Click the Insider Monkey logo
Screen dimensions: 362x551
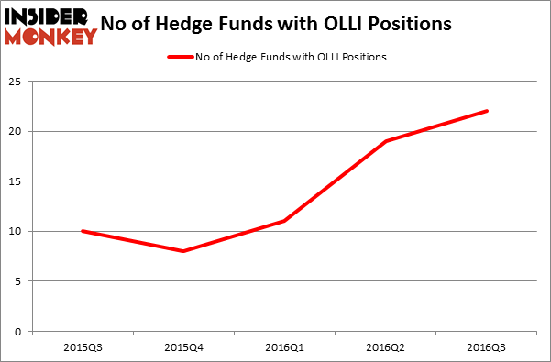click(50, 26)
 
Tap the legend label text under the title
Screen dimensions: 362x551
click(291, 57)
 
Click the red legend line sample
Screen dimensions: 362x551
click(180, 57)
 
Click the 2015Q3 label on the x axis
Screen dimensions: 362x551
click(83, 346)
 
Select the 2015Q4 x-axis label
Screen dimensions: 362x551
click(183, 346)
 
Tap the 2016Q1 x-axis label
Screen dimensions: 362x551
click(285, 346)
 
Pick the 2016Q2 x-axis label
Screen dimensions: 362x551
click(386, 346)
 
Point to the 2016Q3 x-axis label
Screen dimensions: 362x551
click(487, 346)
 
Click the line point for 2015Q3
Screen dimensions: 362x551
click(83, 231)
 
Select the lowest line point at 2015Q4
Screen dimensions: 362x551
click(183, 251)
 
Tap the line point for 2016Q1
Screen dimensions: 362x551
click(285, 221)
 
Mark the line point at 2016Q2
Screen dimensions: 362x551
click(386, 141)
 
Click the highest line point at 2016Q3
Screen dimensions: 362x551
click(487, 111)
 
